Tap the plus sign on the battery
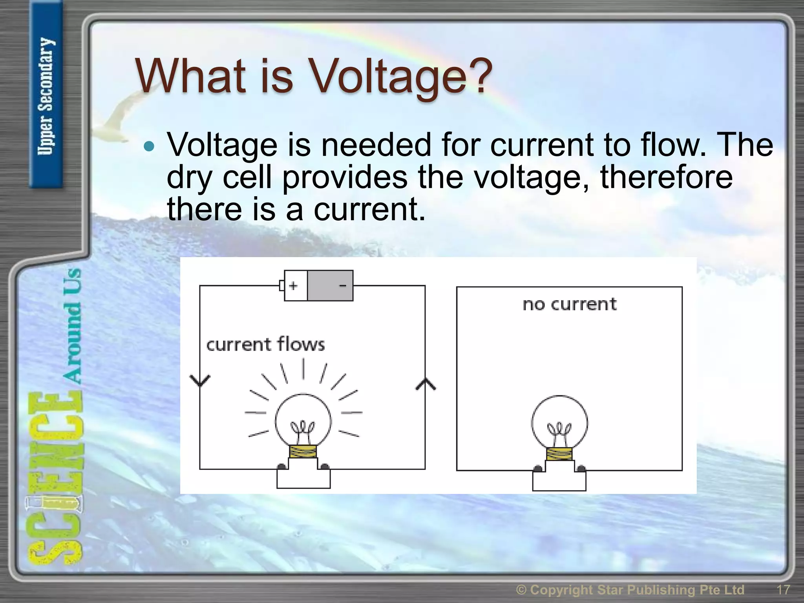(293, 286)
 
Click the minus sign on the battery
(342, 286)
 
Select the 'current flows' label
(265, 344)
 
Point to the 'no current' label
(569, 304)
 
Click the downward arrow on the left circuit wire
(200, 380)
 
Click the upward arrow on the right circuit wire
(426, 384)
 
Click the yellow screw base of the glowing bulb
(303, 451)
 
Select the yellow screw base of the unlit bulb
(559, 454)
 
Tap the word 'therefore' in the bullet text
(666, 177)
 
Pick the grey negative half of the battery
(330, 286)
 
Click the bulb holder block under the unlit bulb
(559, 481)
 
